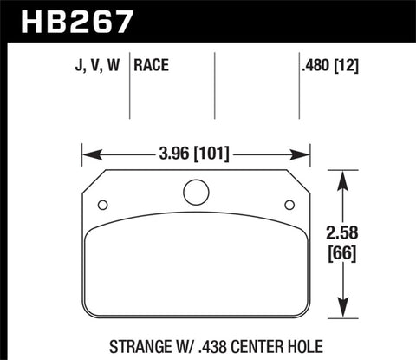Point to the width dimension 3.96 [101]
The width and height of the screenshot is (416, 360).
pyautogui.click(x=197, y=156)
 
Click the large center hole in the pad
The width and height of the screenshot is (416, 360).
pyautogui.click(x=196, y=192)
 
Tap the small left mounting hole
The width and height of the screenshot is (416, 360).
pyautogui.click(x=103, y=206)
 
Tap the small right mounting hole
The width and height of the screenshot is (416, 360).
pyautogui.click(x=289, y=206)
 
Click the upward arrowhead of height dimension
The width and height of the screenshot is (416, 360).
pyautogui.click(x=347, y=177)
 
